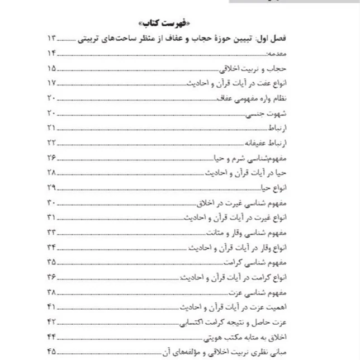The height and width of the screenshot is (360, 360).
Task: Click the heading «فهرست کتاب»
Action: coord(179,23)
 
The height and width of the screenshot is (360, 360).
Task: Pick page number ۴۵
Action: coord(51,352)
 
